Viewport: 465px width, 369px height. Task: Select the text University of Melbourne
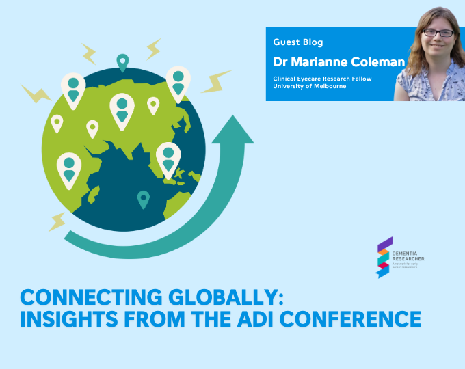305,87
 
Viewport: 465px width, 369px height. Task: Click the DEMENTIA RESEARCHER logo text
410,255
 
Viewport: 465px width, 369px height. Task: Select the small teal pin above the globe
122,62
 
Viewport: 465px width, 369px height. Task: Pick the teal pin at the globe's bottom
143,199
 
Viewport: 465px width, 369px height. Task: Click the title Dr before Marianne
279,61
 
